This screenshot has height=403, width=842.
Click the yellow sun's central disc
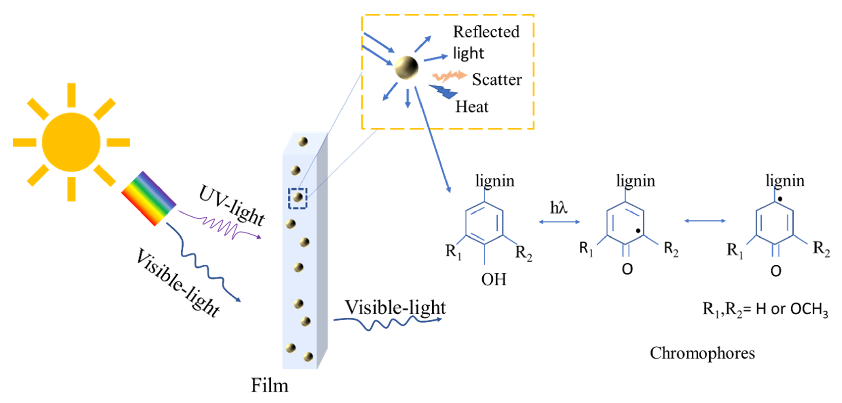[71, 142]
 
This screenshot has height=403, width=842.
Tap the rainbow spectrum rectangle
[149, 198]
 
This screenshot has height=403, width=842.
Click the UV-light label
[231, 205]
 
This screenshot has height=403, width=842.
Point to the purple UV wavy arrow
[222, 226]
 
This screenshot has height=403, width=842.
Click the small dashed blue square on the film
[297, 198]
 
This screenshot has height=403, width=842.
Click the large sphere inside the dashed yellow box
[406, 68]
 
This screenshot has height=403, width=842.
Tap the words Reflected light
[486, 42]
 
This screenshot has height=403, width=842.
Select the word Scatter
[497, 80]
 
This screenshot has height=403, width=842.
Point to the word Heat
[472, 107]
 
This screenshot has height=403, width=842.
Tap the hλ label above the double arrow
[559, 207]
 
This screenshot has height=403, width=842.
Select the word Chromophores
[702, 353]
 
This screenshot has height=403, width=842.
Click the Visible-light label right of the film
[395, 307]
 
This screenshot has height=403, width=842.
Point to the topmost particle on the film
[303, 142]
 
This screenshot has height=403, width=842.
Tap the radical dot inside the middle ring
[638, 231]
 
